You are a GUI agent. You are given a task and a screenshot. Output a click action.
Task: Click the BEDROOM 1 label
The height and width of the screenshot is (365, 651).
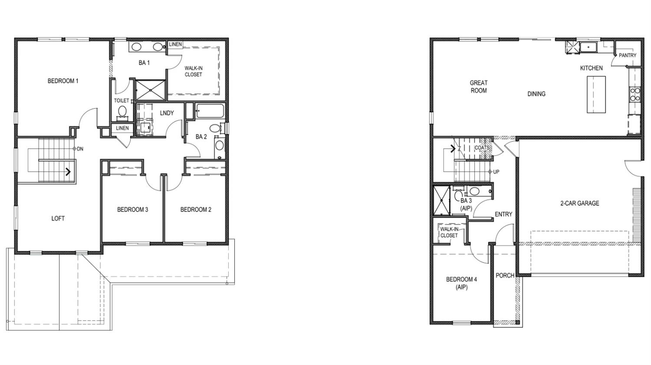tap(63, 81)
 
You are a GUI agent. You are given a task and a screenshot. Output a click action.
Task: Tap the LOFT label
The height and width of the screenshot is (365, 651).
tap(58, 218)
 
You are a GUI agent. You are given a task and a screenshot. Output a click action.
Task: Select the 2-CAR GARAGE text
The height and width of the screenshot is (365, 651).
tap(580, 203)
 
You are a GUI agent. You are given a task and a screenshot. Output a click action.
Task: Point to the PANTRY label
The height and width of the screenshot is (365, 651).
tap(628, 55)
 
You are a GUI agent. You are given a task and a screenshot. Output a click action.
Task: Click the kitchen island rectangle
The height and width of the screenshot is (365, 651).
tap(596, 95)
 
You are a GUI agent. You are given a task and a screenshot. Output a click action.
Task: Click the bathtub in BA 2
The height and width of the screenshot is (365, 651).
tap(210, 111)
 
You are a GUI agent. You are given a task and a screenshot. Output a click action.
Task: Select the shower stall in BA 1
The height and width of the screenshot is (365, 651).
tap(151, 90)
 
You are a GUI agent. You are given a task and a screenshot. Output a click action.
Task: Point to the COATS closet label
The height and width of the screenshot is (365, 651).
tap(482, 148)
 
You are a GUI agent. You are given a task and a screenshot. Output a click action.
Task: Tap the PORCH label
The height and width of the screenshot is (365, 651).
tap(505, 275)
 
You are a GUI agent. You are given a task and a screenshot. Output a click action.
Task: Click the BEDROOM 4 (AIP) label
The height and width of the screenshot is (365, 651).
tap(461, 284)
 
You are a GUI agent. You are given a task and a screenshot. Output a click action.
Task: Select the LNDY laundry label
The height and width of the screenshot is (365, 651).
tap(167, 113)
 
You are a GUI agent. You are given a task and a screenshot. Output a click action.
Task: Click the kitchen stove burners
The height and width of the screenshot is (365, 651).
tap(635, 95)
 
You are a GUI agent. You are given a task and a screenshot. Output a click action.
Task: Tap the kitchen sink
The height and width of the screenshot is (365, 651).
tap(588, 47)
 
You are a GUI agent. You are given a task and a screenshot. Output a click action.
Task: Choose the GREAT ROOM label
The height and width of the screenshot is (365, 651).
tap(479, 87)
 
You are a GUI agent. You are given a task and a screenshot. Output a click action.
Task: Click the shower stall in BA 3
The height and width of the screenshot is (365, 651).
tap(441, 200)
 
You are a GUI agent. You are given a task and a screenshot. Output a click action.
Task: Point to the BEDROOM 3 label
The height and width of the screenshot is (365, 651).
tap(132, 209)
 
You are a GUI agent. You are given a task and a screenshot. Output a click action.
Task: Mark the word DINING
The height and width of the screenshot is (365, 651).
tap(536, 94)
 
